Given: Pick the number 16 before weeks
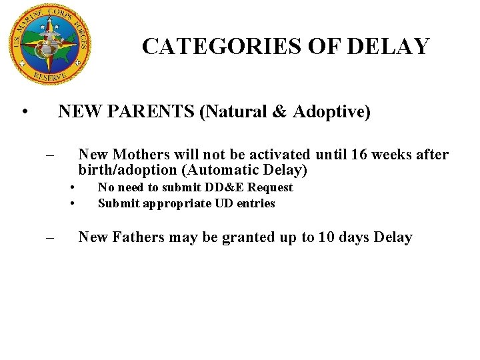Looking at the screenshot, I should (x=359, y=155).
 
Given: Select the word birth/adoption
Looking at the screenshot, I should (x=127, y=170).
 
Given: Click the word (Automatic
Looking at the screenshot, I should (x=219, y=170).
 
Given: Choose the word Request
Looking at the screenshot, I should (x=270, y=187).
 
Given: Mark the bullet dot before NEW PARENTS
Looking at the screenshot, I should (x=24, y=112).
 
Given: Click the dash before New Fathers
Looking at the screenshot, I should (x=49, y=238).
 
